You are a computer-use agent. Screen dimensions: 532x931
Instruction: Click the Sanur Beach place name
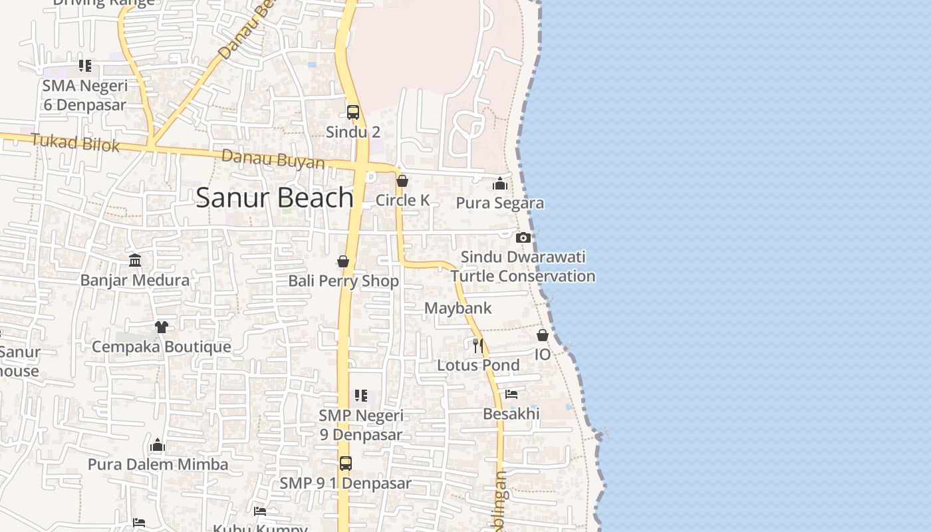[x=274, y=198]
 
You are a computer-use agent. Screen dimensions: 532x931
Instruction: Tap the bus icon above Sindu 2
[x=353, y=112]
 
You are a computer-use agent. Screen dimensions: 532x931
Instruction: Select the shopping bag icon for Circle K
[x=402, y=181]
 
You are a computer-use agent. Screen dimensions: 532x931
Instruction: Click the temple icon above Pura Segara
[x=500, y=184]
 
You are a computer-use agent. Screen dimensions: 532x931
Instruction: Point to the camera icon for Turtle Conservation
[x=523, y=237]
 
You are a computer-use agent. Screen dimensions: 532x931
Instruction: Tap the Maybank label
[x=458, y=308]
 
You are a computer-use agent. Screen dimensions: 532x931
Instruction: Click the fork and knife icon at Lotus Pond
[x=478, y=345]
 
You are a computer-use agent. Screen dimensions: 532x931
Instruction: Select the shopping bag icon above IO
[x=543, y=335]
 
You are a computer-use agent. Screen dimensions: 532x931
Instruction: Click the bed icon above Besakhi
[x=511, y=394]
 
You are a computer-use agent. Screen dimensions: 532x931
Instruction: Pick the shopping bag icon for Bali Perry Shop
[x=343, y=261]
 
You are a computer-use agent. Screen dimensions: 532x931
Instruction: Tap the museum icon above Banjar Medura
[x=135, y=260]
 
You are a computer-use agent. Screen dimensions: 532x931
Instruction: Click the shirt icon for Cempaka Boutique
[x=162, y=327]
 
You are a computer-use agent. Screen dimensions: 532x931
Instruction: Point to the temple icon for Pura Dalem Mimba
[x=158, y=444]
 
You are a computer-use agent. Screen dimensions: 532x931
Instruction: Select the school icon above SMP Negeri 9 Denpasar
[x=361, y=396]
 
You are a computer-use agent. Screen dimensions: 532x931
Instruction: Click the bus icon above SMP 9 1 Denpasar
[x=346, y=464]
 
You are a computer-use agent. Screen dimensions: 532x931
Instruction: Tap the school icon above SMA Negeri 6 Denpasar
[x=85, y=66]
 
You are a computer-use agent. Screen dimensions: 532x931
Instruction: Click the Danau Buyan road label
[x=273, y=160]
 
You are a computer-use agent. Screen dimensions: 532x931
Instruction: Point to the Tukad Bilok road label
[x=75, y=143]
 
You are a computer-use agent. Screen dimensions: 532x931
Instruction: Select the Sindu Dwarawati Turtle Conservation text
[x=523, y=267]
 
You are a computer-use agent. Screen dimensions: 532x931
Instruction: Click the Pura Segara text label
[x=500, y=203]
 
